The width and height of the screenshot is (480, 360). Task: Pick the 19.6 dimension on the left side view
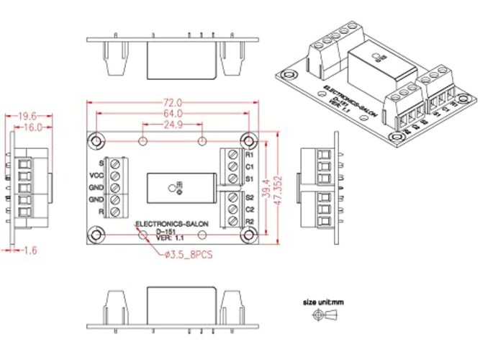[27, 115]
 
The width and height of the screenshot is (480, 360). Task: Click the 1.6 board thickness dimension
[30, 250]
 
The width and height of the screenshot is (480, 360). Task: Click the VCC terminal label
[96, 175]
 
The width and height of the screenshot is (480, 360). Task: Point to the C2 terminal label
[250, 209]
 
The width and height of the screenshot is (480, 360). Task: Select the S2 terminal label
[250, 197]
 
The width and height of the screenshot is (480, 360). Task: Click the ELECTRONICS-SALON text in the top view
[172, 224]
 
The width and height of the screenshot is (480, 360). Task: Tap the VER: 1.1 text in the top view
[171, 237]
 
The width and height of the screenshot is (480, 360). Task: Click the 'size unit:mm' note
[323, 303]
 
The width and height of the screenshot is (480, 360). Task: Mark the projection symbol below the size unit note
[323, 316]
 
